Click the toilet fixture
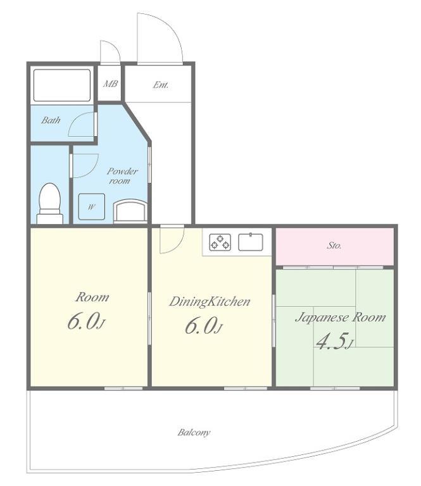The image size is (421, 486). [50, 203]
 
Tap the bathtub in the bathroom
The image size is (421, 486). [62, 85]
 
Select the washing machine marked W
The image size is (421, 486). [91, 207]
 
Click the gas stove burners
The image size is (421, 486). [220, 242]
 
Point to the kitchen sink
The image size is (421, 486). [251, 242]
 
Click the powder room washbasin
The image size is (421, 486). [130, 211]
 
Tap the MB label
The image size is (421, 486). [110, 84]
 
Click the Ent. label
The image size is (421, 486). [161, 85]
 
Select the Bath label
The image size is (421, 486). [51, 120]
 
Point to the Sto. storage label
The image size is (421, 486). [334, 246]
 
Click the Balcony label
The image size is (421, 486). [194, 432]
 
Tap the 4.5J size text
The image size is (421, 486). [334, 342]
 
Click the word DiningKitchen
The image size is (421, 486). [210, 301]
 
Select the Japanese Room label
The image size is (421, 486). [341, 318]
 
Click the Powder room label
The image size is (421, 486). [122, 176]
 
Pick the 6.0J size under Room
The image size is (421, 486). [86, 321]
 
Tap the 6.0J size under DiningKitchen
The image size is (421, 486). [204, 326]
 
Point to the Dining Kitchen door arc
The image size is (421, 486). [177, 246]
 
